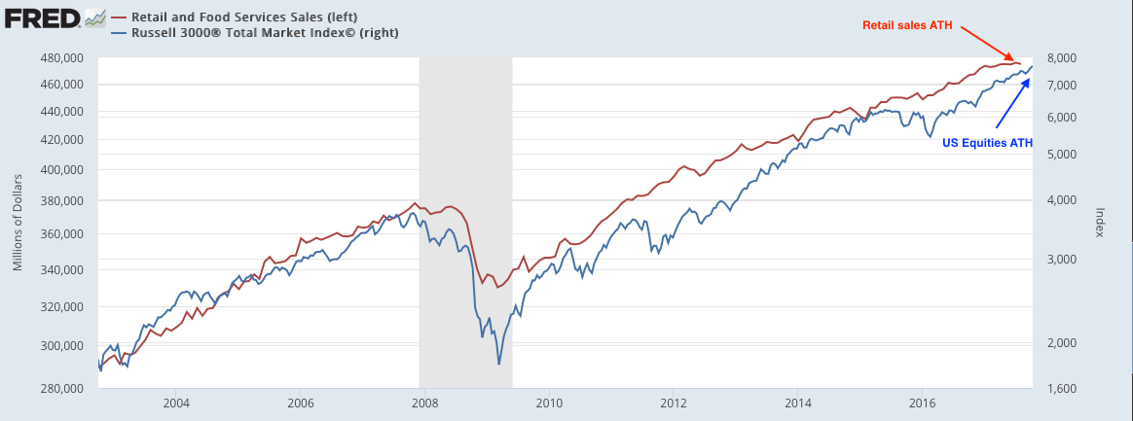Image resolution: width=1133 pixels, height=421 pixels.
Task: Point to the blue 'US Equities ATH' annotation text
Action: coord(987,142)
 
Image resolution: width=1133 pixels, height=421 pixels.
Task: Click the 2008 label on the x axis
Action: coord(425,402)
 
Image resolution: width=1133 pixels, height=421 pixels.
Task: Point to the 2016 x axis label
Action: coord(922,402)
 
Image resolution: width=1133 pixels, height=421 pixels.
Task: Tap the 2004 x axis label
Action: coord(176,402)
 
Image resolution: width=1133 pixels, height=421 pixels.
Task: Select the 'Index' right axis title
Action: coord(1101,223)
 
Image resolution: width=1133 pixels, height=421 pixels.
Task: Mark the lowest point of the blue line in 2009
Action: coord(499,364)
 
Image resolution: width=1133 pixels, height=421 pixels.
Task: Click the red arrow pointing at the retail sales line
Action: coord(988,45)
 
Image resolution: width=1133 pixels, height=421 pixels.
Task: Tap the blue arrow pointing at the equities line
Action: coord(1012,102)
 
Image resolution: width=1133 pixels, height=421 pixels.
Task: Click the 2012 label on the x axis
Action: coord(674,402)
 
